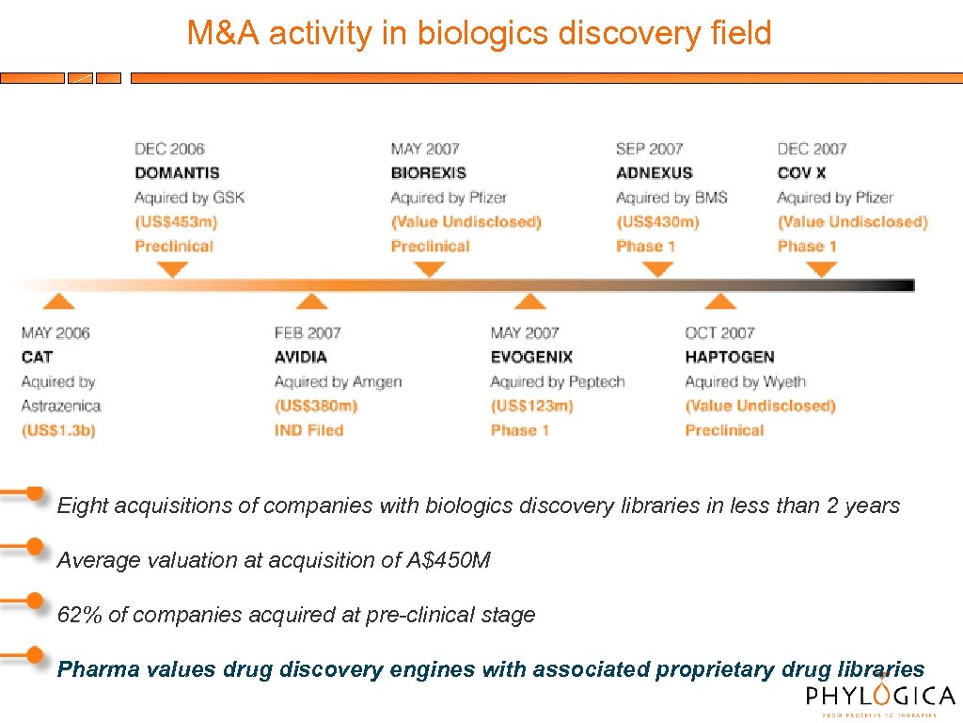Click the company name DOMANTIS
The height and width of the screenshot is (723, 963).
coord(177,173)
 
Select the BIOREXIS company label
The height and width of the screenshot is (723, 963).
coord(428,173)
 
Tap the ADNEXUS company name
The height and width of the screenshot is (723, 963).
coord(654,173)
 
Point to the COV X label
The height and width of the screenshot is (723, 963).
coord(801,173)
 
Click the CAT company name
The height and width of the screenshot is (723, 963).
coord(37,358)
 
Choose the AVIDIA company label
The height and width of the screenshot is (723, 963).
coord(301,358)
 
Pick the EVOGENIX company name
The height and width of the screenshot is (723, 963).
coord(531,358)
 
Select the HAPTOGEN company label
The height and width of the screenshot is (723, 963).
coord(730,358)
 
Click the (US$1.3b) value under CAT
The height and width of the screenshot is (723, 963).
coord(58,431)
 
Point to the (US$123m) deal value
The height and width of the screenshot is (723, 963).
coord(531,407)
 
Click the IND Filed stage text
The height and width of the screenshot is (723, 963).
coord(308,431)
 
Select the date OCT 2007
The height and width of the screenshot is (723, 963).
coord(720,333)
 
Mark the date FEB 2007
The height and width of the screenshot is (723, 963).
coord(308,333)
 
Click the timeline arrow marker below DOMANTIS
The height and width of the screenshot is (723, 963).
coord(171,270)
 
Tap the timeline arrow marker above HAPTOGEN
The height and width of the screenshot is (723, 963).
coord(720,301)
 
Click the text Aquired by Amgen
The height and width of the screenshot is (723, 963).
coord(338,382)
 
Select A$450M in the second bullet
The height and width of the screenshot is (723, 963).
coord(448,560)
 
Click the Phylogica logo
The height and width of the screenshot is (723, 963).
coord(880,698)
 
